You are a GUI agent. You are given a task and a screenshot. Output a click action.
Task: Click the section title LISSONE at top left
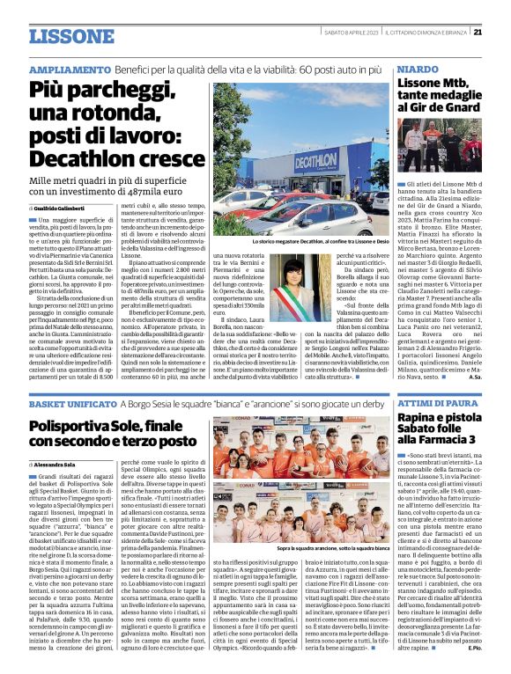pos(65,37)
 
